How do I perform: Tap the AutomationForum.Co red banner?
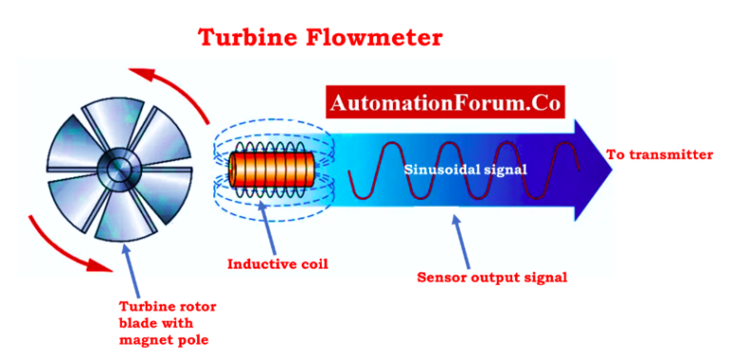pos(445,100)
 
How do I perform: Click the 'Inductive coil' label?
pos(277,263)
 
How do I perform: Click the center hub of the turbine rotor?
pos(119,169)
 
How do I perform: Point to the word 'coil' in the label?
pos(310,263)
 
